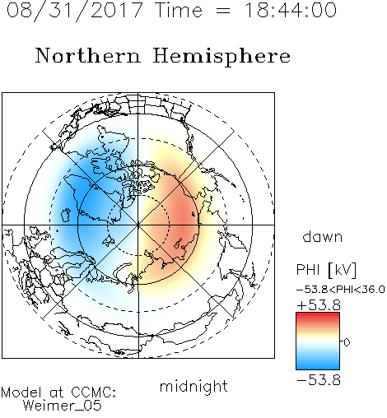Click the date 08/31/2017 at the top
pyautogui.click(x=75, y=11)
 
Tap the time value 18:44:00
pyautogui.click(x=290, y=10)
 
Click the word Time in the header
pyautogui.click(x=179, y=10)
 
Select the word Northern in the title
pyautogui.click(x=88, y=55)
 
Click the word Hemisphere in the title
pyautogui.click(x=221, y=56)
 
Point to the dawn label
pyautogui.click(x=323, y=236)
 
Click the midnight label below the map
pyautogui.click(x=193, y=386)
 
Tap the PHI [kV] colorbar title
pyautogui.click(x=326, y=269)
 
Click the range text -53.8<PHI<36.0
pyautogui.click(x=341, y=290)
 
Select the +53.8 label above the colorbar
pyautogui.click(x=319, y=305)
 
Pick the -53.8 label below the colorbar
pyautogui.click(x=319, y=380)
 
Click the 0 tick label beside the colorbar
pyautogui.click(x=347, y=342)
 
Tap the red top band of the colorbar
pyautogui.click(x=318, y=315)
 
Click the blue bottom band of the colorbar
pyautogui.click(x=318, y=366)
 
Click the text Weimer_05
pyautogui.click(x=63, y=406)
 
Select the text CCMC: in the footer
pyautogui.click(x=94, y=392)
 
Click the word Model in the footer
pyautogui.click(x=21, y=392)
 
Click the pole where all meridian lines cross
pyautogui.click(x=138, y=225)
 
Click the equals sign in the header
pyautogui.click(x=222, y=11)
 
